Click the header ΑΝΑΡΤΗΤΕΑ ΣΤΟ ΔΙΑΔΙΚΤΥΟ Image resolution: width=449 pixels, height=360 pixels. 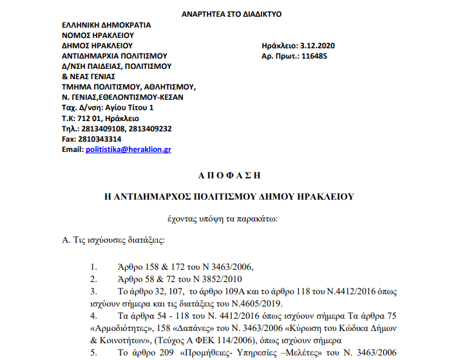[222, 14]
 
